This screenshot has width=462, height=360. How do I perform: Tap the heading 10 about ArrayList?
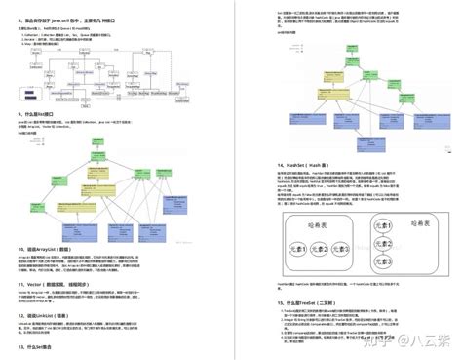(x=54, y=221)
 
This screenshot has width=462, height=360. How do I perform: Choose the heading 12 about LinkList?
(x=53, y=288)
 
